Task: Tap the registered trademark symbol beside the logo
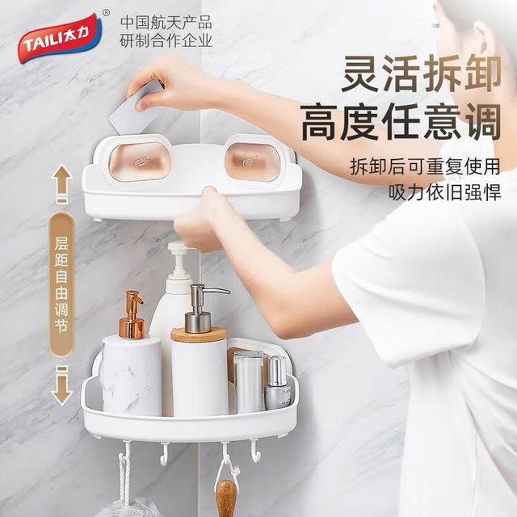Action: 106,13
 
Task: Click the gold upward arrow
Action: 61,185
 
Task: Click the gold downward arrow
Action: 62,385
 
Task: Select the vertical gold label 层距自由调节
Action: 61,285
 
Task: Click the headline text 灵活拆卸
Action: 421,74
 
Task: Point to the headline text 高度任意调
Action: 401,122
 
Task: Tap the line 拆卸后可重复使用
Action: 425,166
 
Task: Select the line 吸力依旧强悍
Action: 444,191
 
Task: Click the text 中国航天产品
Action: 166,23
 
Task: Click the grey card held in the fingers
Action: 135,109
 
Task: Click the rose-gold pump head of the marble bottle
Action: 132,314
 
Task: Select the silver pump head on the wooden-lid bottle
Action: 202,309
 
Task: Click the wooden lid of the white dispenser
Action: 199,334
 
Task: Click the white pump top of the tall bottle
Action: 179,260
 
